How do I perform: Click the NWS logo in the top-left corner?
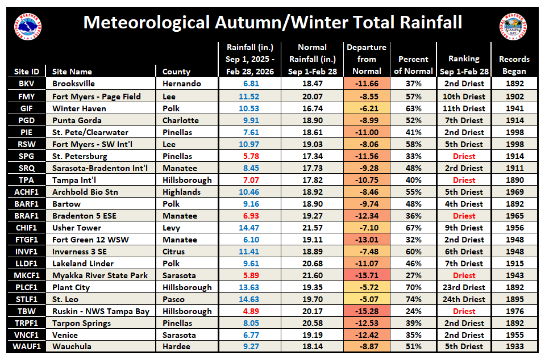pos(28,25)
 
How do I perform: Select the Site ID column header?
pos(27,72)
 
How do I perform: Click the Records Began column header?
pos(514,65)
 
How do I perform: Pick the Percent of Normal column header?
pos(413,65)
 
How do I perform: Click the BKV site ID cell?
pos(27,83)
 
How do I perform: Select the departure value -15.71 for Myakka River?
pos(367,275)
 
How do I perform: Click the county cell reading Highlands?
pos(181,192)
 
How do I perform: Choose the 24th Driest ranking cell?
pos(464,299)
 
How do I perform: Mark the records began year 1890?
pos(514,180)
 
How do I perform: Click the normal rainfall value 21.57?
pos(312,228)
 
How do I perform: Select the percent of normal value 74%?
pos(413,299)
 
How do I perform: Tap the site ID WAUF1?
pos(27,347)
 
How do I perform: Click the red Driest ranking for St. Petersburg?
pos(464,156)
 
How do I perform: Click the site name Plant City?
pos(71,287)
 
